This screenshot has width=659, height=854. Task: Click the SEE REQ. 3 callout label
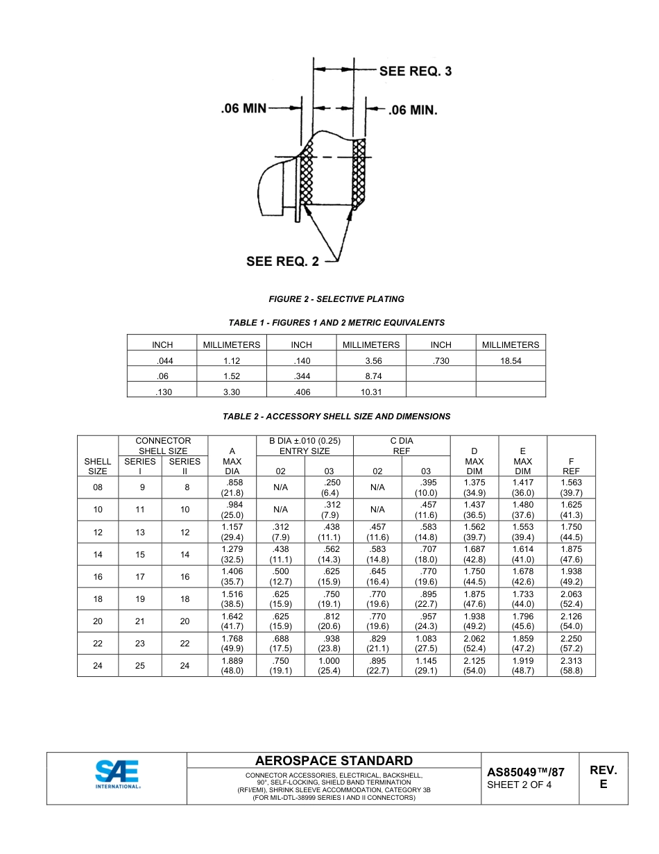click(415, 71)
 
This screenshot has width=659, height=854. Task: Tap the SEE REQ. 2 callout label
click(283, 261)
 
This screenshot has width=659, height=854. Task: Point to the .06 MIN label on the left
click(243, 108)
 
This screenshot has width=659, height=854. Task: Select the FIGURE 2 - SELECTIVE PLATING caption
click(336, 299)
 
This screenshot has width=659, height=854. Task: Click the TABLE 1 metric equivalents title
click(336, 323)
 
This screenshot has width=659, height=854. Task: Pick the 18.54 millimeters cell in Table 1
click(511, 361)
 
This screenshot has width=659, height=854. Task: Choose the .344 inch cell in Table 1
click(301, 376)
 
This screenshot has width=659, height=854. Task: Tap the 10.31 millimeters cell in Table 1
click(371, 392)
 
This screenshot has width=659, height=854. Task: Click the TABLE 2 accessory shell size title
click(336, 417)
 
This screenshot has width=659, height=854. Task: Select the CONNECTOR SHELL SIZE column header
click(163, 446)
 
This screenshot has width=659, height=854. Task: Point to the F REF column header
click(571, 461)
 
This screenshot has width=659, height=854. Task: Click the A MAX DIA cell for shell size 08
click(232, 487)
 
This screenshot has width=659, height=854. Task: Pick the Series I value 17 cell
click(140, 576)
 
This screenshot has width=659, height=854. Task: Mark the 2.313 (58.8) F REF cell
click(571, 666)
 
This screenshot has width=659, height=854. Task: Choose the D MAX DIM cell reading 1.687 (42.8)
click(474, 554)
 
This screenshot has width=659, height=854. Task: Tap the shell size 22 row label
click(98, 644)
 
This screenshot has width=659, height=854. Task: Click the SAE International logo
click(118, 775)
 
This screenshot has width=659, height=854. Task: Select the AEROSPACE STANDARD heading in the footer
click(334, 761)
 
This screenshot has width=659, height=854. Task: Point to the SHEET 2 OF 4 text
click(520, 785)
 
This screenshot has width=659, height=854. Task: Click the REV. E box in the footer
click(604, 778)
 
